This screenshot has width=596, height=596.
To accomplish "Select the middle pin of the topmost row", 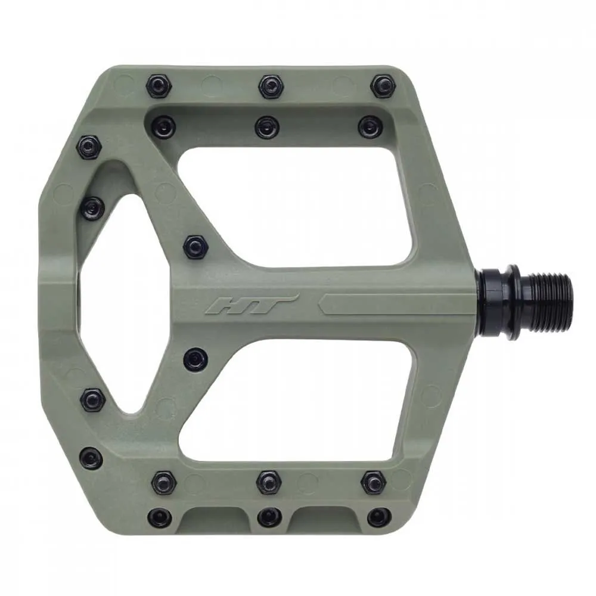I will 271,86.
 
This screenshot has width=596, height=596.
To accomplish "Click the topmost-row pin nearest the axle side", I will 382,86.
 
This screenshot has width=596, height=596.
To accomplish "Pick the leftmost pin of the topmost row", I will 159,86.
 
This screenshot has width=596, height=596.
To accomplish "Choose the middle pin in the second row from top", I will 266,126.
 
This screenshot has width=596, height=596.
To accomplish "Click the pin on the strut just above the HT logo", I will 195,247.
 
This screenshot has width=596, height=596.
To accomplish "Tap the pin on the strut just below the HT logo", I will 195,359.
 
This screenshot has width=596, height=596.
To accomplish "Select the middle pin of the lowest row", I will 269,516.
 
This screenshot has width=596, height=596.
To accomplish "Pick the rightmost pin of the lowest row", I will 378,517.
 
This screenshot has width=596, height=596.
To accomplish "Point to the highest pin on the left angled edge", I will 89,147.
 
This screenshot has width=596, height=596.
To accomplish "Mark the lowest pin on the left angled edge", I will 91,458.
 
